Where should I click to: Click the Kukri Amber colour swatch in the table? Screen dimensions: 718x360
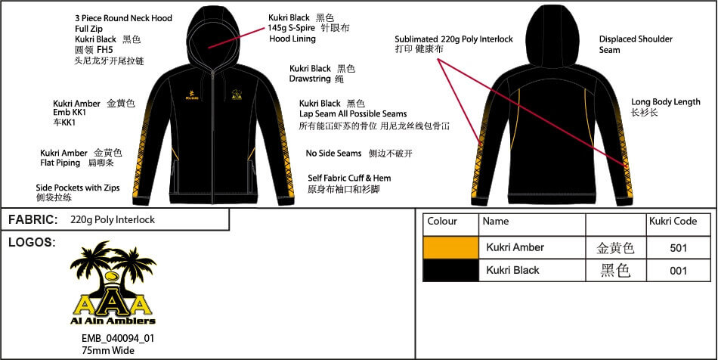[x=450, y=247]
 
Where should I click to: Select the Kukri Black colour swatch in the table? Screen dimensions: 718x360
[x=450, y=270]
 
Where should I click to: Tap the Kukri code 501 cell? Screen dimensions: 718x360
[x=678, y=248]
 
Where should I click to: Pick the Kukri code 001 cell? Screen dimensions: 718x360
[x=678, y=271]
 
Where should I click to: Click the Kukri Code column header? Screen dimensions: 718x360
[x=673, y=222]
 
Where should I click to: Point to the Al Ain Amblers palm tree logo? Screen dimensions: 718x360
[x=113, y=283]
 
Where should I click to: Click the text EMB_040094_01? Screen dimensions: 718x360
[x=118, y=339]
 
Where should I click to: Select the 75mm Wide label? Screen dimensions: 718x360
[x=108, y=350]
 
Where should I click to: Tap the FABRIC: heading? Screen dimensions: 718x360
[x=33, y=220]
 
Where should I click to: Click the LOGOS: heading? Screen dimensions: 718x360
[x=32, y=243]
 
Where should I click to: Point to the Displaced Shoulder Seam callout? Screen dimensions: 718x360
[x=636, y=45]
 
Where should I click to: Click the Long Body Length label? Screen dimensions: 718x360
[x=666, y=101]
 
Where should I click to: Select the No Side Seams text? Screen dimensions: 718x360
[x=333, y=154]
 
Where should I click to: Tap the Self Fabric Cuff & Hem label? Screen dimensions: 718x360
[x=349, y=178]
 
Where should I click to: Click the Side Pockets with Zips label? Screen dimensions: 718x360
[x=78, y=188]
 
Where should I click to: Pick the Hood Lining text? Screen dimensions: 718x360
[x=292, y=39]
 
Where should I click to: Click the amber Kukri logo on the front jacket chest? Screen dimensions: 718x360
[x=191, y=95]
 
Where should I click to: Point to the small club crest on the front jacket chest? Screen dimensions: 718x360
[x=237, y=94]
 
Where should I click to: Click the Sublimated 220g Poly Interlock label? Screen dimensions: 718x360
[x=453, y=39]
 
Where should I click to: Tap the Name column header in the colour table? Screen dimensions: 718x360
[x=496, y=222]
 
